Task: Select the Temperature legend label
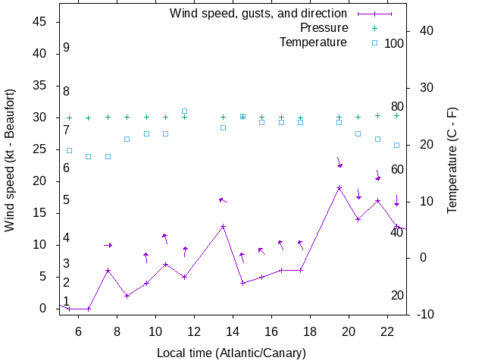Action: click(313, 42)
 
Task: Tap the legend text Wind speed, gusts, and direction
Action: click(258, 13)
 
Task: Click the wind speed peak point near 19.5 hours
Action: click(339, 187)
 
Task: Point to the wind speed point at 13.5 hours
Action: click(223, 226)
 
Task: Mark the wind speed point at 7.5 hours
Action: click(108, 270)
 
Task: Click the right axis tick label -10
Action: click(425, 314)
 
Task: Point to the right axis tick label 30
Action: click(422, 87)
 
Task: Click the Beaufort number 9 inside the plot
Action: click(67, 48)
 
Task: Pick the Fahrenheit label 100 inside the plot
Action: click(394, 43)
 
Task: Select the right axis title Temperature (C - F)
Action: click(452, 160)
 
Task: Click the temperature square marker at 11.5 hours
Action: click(184, 111)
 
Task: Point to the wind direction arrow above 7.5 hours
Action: click(108, 245)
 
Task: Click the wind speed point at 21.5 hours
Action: click(377, 200)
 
